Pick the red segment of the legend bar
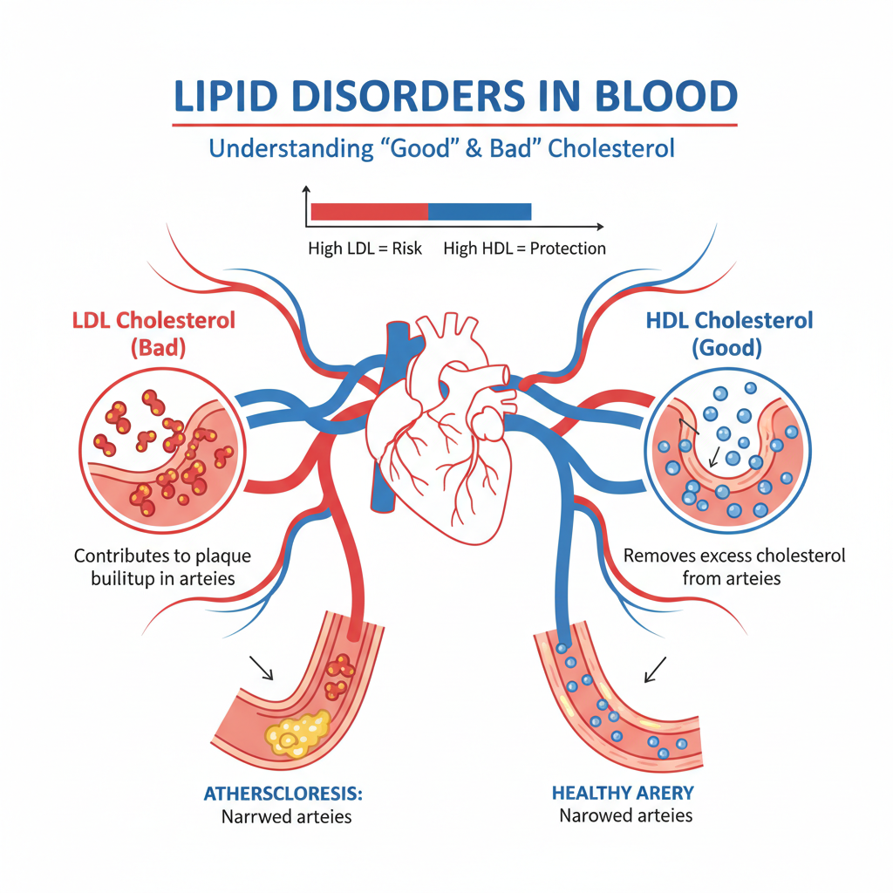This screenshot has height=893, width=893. click(x=369, y=211)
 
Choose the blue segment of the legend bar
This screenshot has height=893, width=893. click(x=480, y=211)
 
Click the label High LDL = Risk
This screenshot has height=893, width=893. click(x=365, y=249)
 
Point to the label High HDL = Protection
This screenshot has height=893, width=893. click(x=524, y=249)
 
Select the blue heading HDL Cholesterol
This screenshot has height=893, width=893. click(x=729, y=320)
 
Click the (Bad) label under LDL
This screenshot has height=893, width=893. click(x=160, y=348)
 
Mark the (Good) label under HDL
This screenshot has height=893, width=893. click(x=726, y=348)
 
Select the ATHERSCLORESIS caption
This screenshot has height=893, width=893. click(x=283, y=794)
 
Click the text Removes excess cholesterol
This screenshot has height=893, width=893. click(x=735, y=556)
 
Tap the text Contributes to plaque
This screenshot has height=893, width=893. click(x=163, y=556)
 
